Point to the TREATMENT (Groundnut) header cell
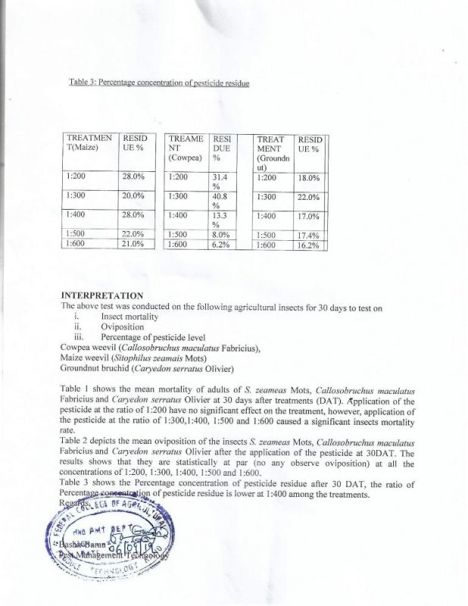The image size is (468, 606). tap(270, 155)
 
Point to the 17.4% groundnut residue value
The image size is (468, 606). tap(308, 236)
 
